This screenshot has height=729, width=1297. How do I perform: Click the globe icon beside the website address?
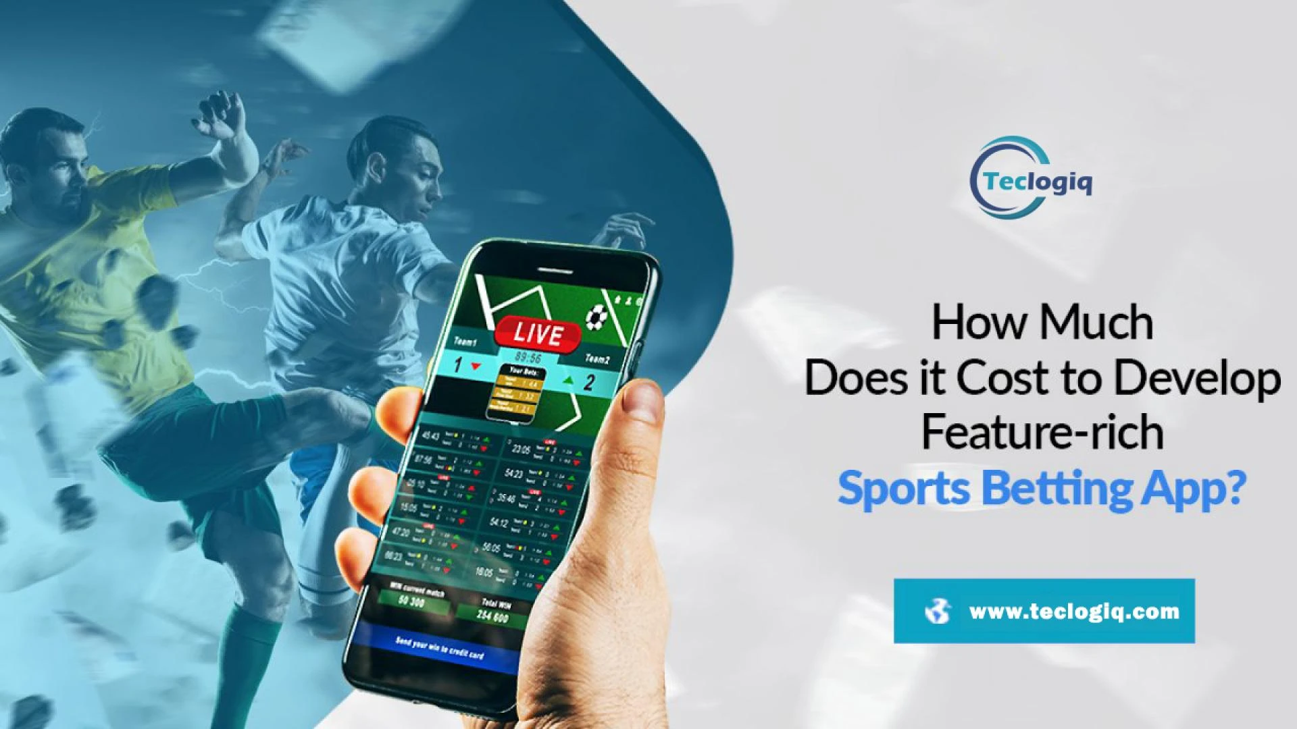tap(938, 612)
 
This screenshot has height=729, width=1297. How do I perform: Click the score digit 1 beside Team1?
tap(458, 365)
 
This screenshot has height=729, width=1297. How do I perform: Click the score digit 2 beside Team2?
tap(589, 383)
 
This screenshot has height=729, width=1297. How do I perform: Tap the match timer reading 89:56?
tap(528, 356)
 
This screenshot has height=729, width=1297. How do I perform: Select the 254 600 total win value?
tap(492, 616)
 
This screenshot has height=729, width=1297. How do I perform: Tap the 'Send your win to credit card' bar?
tap(440, 649)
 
